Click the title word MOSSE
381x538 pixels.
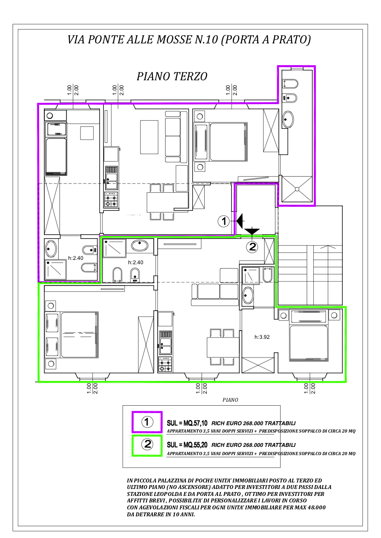tap(174, 39)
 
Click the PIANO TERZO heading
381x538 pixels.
tap(172, 76)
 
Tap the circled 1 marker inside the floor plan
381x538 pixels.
tap(223, 221)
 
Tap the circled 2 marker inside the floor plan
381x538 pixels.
tap(252, 247)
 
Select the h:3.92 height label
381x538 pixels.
tap(262, 337)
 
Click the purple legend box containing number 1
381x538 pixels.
tap(147, 422)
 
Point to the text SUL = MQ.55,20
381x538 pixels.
tap(187, 445)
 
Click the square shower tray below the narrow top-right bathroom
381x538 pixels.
tap(297, 189)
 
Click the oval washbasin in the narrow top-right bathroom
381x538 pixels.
tap(288, 119)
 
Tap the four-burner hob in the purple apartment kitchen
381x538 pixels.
tap(111, 199)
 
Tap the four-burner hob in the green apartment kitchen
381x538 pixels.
tap(165, 364)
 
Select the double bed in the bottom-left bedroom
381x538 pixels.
tap(80, 335)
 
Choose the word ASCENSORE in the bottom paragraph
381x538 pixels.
tap(190, 487)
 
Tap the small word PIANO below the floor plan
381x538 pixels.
tap(230, 400)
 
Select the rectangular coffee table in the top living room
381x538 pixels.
tap(149, 137)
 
